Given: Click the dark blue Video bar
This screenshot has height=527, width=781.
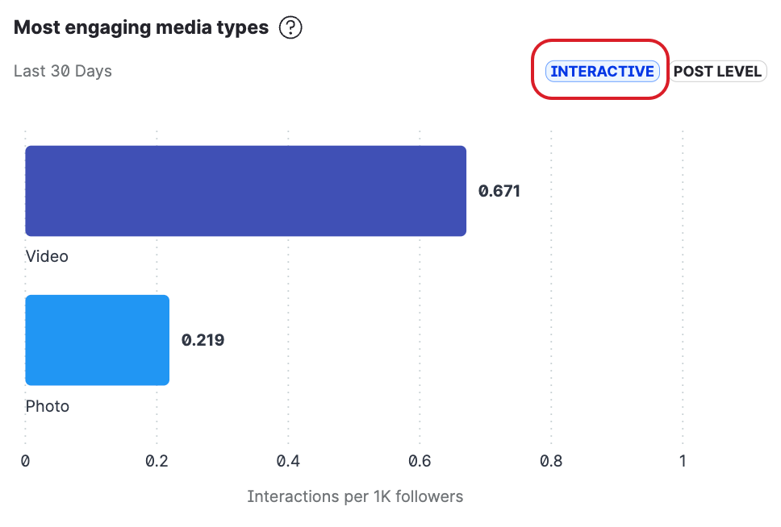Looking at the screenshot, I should point(245,191).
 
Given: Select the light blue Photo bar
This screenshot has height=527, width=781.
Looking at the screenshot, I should point(98,340).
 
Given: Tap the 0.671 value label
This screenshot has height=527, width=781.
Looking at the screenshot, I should point(499,191).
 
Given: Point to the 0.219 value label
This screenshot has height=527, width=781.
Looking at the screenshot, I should point(203,340).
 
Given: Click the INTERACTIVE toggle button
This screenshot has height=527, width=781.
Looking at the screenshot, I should point(602,72).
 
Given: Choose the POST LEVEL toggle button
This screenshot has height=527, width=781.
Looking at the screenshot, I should point(717,72).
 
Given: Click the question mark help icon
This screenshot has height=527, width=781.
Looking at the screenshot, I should point(290,28).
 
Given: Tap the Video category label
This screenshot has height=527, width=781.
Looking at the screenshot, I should point(47,257).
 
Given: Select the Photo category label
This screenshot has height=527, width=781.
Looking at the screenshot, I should point(48,406).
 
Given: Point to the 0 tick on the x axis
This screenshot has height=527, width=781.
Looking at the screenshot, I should point(26,461).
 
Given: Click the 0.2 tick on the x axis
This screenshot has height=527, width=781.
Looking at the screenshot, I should point(157,461).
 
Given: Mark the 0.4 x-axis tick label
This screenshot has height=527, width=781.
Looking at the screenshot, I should point(288,461).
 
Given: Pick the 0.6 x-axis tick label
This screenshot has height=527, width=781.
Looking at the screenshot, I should point(420,461).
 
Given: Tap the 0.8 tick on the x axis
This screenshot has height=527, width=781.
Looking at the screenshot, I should point(551,461).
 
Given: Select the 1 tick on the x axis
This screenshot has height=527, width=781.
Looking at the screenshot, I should point(683,461).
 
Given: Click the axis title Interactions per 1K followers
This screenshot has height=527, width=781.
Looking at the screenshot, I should point(355,496).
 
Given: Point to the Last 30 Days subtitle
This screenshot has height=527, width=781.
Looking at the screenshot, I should point(63,71).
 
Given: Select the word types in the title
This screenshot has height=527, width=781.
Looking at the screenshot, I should point(242,28).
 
